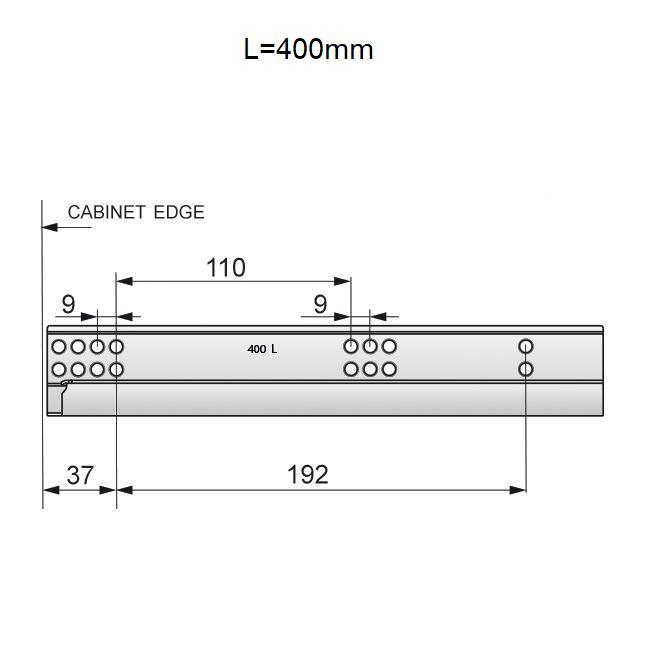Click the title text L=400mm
pyautogui.click(x=308, y=50)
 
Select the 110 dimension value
pyautogui.click(x=225, y=268)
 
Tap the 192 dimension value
pyautogui.click(x=307, y=475)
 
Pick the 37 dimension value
pyautogui.click(x=79, y=475)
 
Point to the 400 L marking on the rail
pyautogui.click(x=262, y=349)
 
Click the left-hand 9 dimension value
pyautogui.click(x=68, y=304)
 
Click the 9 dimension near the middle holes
pyautogui.click(x=320, y=304)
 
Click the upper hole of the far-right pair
pyautogui.click(x=526, y=347)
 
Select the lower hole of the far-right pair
pyautogui.click(x=526, y=369)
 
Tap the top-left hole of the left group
pyautogui.click(x=59, y=347)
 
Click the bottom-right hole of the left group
pyautogui.click(x=116, y=369)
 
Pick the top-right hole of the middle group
pyautogui.click(x=389, y=347)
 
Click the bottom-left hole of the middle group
pyautogui.click(x=351, y=369)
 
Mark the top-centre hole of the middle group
pyautogui.click(x=370, y=347)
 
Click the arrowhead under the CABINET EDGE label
pyautogui.click(x=48, y=227)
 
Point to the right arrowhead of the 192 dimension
pyautogui.click(x=520, y=490)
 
